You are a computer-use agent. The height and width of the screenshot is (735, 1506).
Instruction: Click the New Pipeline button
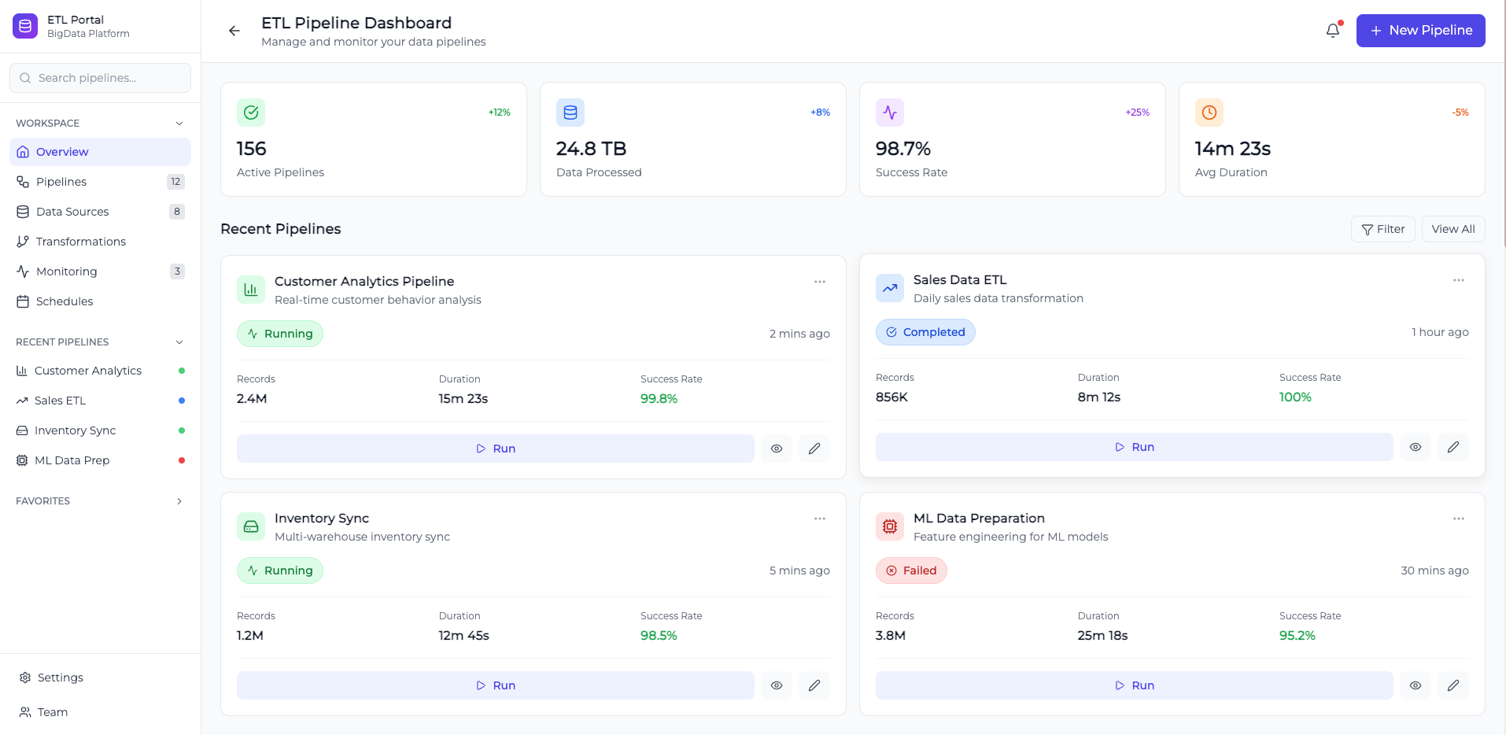click(1420, 31)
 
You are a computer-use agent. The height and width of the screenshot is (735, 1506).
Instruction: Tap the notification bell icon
click(1332, 31)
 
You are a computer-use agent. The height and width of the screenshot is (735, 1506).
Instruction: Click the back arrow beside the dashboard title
click(234, 31)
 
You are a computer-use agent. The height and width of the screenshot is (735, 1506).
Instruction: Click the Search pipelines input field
click(100, 78)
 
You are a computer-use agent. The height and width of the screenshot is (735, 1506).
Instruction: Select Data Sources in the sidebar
click(72, 212)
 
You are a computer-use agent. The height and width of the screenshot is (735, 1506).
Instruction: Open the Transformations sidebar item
click(80, 242)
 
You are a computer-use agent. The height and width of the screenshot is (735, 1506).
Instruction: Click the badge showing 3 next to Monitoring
click(177, 271)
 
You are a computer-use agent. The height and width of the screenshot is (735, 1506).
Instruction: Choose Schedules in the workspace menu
click(65, 301)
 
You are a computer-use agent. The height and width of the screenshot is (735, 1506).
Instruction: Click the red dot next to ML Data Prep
click(182, 460)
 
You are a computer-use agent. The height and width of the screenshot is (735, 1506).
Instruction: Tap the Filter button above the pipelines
click(1382, 229)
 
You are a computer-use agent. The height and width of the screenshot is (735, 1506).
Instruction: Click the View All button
click(1452, 229)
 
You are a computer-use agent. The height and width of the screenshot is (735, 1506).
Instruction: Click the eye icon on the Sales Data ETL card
click(1415, 447)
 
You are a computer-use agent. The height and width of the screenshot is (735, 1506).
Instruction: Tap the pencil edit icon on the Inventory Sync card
click(814, 685)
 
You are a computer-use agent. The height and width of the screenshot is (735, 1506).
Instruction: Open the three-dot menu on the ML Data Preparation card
click(1458, 519)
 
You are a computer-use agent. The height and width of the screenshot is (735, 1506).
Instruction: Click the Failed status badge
click(911, 571)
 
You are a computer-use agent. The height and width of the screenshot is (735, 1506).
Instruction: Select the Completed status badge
click(925, 332)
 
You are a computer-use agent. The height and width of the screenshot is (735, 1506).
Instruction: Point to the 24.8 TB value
click(591, 149)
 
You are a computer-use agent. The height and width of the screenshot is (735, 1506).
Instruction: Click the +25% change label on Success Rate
click(1137, 113)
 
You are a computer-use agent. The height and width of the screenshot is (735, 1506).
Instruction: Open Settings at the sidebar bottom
click(60, 678)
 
